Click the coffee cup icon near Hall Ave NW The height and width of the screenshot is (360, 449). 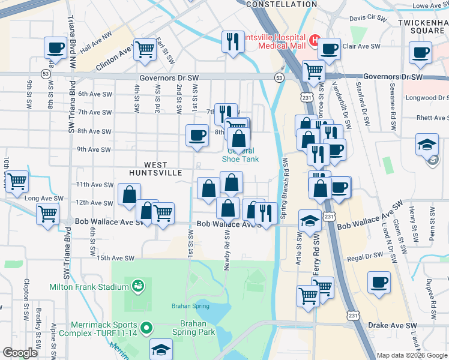(56, 48)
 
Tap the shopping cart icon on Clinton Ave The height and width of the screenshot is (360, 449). (145, 50)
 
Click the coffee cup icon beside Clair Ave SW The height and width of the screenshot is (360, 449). (329, 49)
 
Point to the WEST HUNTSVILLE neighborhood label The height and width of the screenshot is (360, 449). (155, 169)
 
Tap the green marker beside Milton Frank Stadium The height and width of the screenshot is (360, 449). (138, 286)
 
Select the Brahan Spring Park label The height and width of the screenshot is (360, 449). (197, 327)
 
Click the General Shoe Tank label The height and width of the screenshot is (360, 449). (240, 155)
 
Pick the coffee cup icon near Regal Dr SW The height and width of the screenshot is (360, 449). (379, 282)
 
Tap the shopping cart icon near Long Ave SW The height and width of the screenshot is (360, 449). (17, 180)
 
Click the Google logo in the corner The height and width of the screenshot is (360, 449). (20, 353)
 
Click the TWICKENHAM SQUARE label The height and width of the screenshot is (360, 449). (424, 26)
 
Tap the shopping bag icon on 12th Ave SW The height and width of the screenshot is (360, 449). (129, 194)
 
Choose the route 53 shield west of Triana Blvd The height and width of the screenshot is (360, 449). (46, 73)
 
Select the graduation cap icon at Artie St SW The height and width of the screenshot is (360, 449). (310, 221)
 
